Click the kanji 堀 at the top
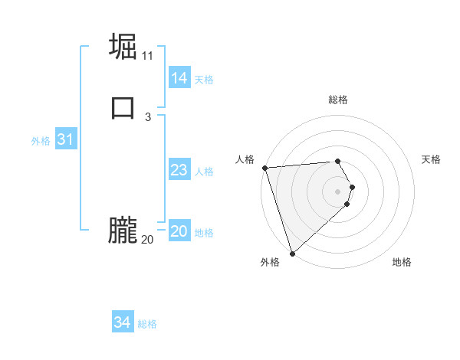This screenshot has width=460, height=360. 123,47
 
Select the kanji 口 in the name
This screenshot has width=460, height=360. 123,107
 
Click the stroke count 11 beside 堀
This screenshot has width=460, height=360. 148,56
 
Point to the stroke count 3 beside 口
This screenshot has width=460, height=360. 148,116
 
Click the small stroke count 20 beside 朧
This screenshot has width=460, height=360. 148,240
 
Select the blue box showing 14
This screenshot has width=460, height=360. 179,78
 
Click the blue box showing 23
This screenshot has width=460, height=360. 179,170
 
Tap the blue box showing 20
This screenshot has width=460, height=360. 179,231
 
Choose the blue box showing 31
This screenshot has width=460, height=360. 65,139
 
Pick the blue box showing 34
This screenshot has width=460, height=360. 122,322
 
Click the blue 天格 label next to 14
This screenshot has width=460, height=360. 204,80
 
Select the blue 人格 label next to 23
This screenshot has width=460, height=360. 204,172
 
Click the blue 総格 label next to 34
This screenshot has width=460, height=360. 147,324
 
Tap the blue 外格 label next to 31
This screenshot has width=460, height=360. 41,141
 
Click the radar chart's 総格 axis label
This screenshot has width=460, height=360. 337,100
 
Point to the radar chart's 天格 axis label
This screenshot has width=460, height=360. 431,159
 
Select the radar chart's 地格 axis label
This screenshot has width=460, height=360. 402,263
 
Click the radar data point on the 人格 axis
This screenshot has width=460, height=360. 264,168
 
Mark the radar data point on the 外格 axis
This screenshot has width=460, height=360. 292,253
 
